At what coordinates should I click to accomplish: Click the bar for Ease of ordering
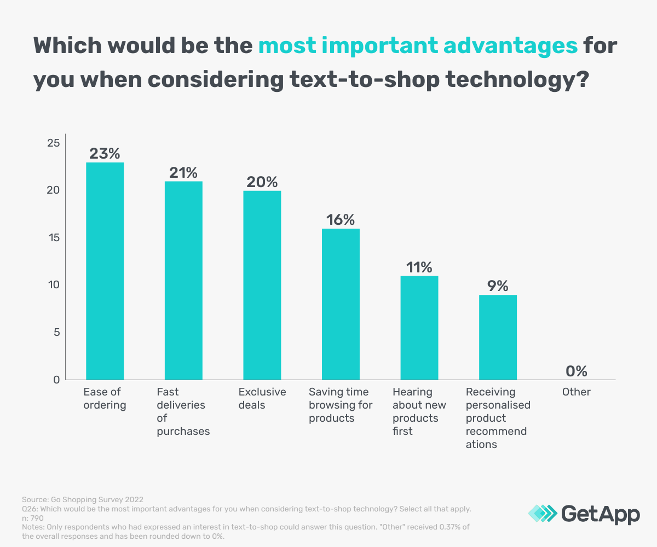[105, 271]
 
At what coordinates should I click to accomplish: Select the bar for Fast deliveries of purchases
[183, 280]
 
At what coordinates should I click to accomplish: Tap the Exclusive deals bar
[262, 285]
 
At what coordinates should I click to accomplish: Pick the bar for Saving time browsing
[341, 304]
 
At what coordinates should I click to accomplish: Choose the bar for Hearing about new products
[419, 328]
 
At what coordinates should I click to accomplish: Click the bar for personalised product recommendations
[498, 337]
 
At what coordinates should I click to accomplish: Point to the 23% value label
[105, 154]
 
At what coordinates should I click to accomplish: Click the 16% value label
[341, 220]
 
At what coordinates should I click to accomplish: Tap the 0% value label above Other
[576, 371]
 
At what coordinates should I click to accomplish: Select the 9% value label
[498, 286]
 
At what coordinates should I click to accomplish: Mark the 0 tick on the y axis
[55, 380]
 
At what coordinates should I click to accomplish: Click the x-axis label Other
[576, 392]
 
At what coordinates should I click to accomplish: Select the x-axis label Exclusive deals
[262, 399]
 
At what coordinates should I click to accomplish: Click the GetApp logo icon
[543, 513]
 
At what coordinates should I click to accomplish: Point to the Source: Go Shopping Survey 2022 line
[83, 499]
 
